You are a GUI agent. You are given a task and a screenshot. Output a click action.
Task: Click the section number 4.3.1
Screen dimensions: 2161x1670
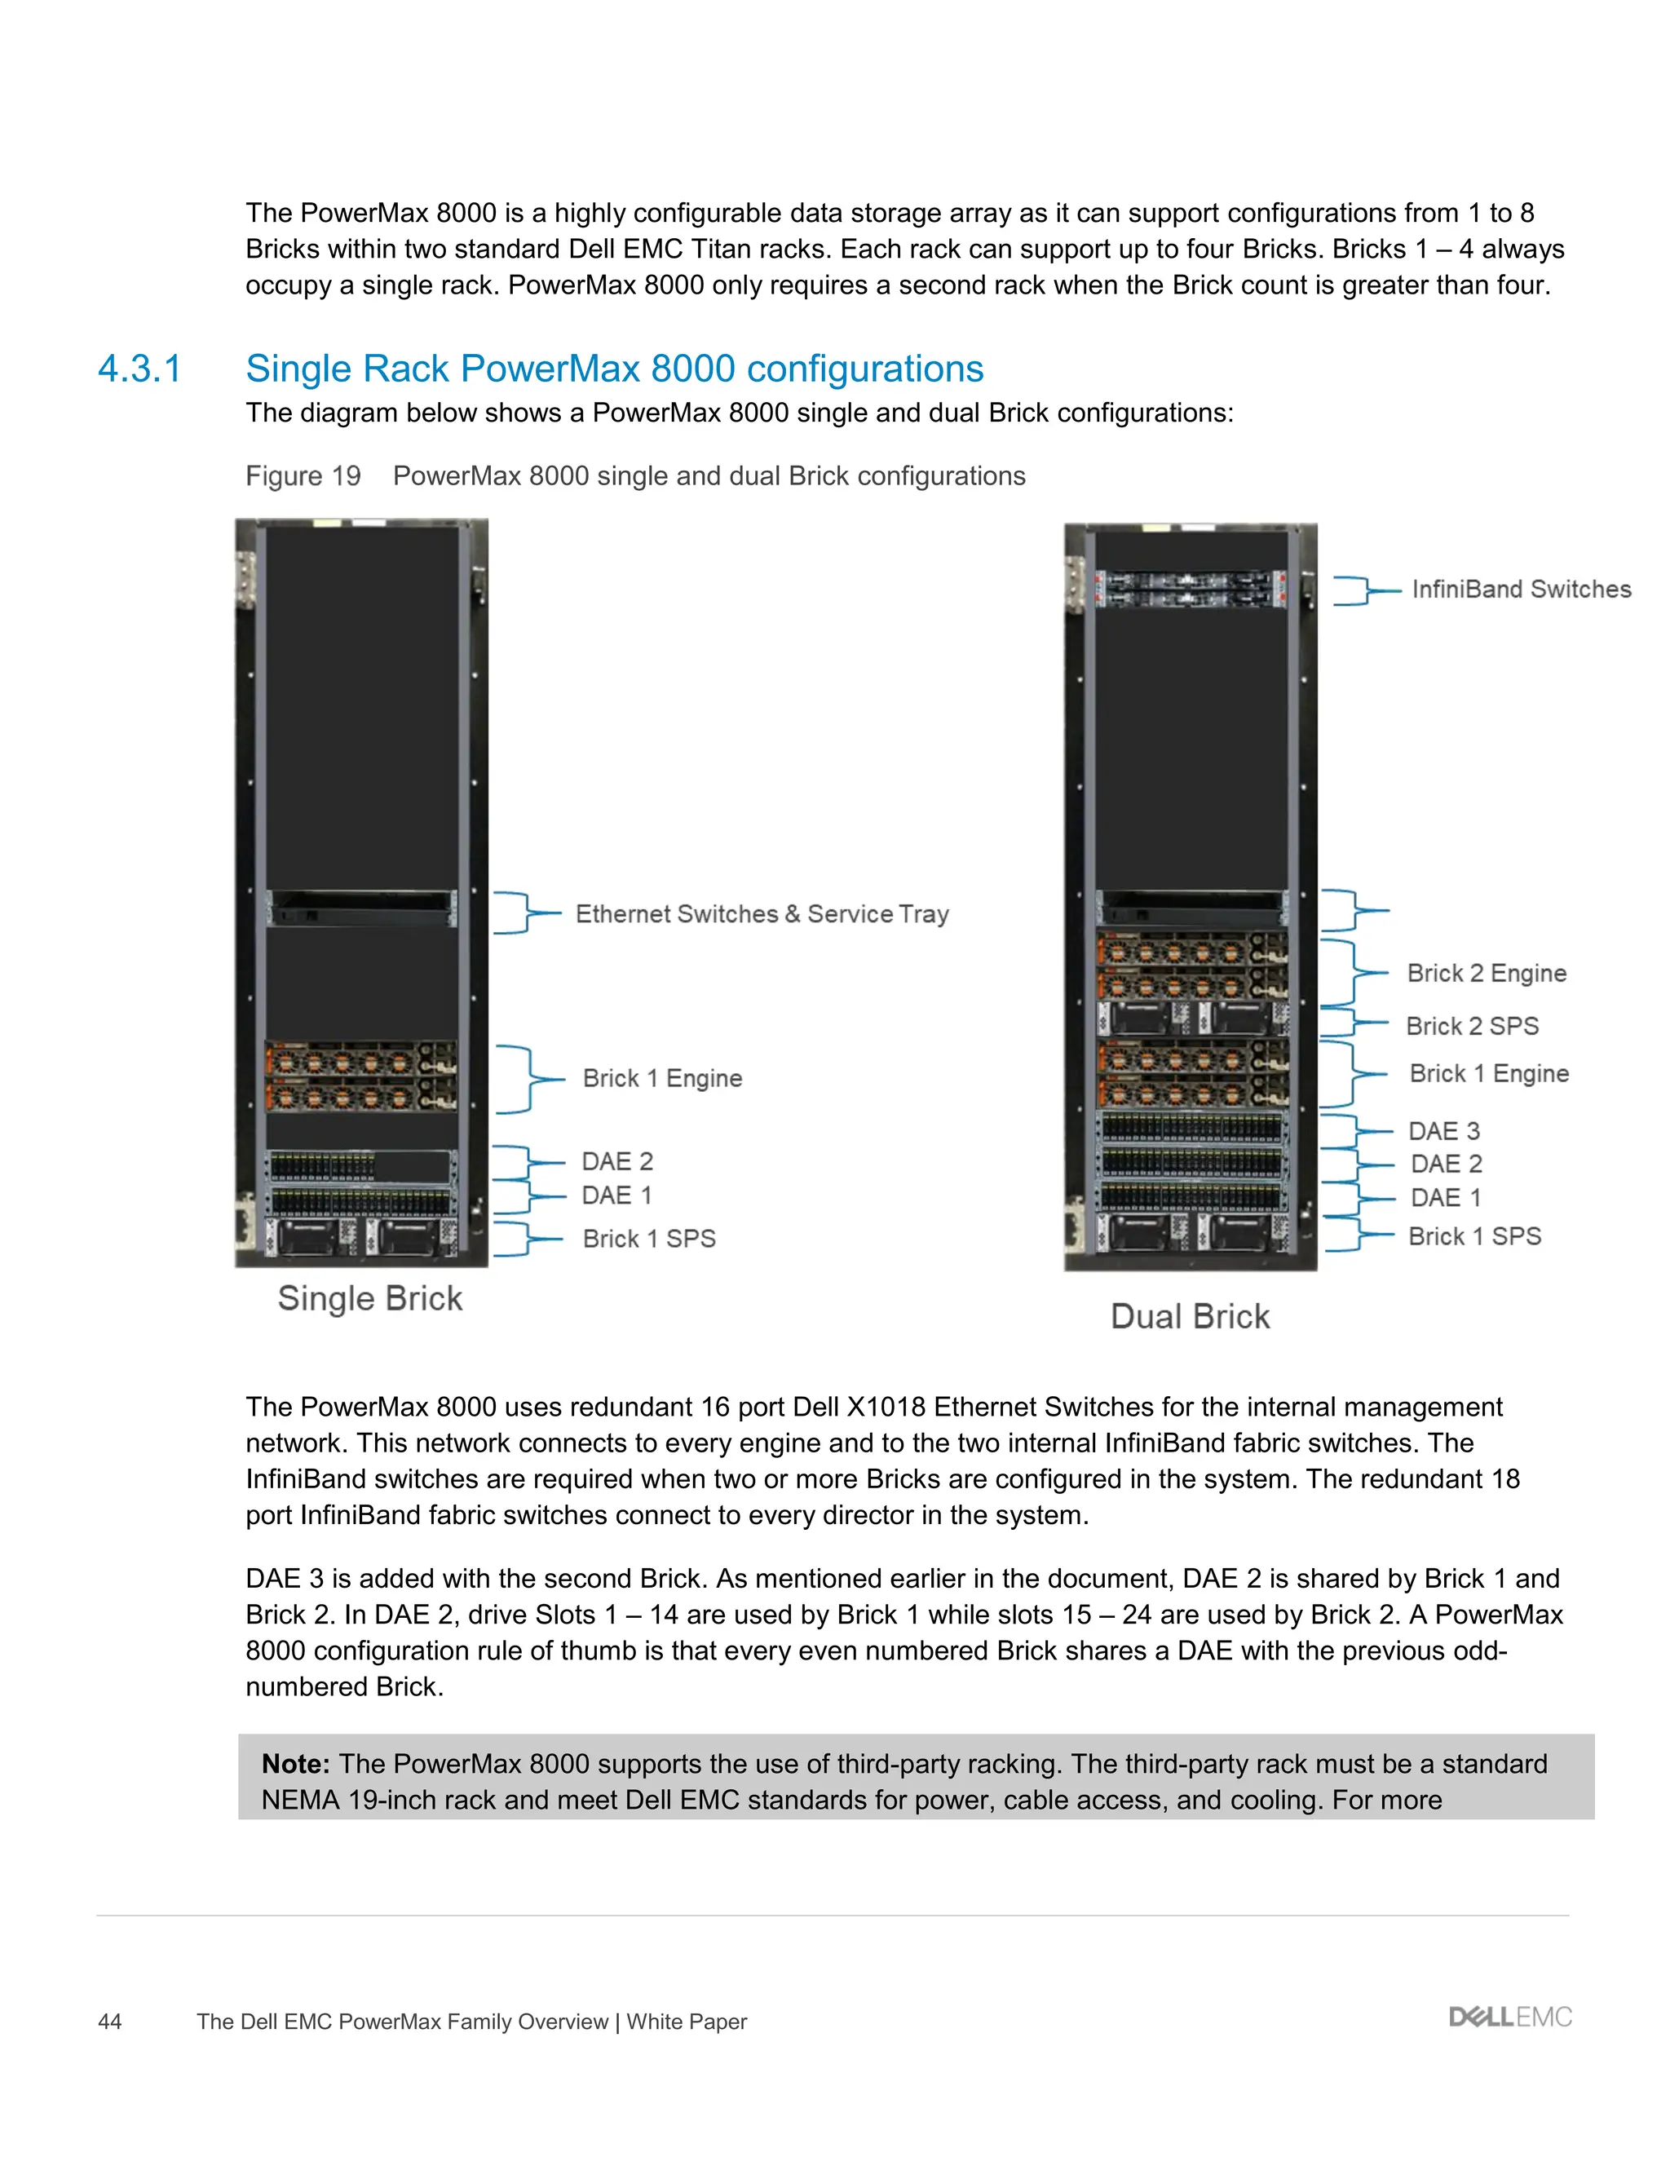139,369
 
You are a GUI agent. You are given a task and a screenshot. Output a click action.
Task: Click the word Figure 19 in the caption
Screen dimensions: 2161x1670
303,476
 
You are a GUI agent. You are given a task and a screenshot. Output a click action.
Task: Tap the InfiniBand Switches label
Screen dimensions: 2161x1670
1521,590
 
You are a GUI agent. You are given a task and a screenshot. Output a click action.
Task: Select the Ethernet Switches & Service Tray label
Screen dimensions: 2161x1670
762,914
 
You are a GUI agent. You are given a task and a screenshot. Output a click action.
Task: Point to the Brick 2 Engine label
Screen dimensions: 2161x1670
1486,974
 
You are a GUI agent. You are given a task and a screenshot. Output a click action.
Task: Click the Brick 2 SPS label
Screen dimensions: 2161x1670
1472,1026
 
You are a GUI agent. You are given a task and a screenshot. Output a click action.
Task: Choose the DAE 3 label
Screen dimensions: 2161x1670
1443,1131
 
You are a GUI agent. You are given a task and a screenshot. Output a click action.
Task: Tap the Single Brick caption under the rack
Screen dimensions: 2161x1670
370,1298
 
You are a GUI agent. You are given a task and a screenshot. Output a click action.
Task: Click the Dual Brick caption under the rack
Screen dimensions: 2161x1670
1191,1316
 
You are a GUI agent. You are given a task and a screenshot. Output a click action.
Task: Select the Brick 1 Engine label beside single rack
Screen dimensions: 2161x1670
662,1079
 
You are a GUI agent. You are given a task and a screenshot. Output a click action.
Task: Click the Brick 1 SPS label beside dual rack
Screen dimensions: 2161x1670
1474,1237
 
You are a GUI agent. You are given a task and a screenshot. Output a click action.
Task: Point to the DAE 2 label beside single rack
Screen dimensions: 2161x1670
617,1161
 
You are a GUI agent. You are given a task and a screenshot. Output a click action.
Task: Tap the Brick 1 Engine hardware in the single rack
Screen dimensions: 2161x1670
361,1076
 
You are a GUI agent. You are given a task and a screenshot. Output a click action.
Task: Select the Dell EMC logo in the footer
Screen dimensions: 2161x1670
1509,2017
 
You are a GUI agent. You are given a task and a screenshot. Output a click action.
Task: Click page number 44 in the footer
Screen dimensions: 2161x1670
110,2022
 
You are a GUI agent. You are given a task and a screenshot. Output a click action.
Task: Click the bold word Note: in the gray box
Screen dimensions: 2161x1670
295,1764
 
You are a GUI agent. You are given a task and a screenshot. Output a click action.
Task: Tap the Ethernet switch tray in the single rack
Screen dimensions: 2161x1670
361,908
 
